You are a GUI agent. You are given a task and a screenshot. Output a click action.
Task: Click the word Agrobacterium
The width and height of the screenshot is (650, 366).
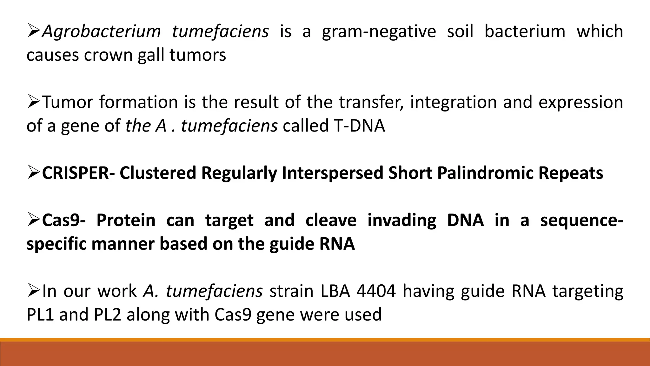101,32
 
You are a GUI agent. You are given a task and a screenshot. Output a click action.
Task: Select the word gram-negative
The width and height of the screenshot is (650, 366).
379,32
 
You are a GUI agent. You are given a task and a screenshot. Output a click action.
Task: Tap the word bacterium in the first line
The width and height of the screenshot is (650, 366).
525,32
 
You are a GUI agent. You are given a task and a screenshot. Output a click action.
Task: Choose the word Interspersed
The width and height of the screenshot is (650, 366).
332,173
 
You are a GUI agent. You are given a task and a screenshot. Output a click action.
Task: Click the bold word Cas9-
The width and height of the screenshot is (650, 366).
63,220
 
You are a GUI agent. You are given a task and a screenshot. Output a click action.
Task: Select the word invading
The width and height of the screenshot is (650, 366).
402,220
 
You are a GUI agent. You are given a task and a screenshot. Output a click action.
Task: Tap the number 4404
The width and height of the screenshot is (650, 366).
376,291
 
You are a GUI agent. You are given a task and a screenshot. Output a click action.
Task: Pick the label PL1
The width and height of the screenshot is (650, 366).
40,315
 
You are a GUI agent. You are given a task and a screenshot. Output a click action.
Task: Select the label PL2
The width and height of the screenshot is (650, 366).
107,315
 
